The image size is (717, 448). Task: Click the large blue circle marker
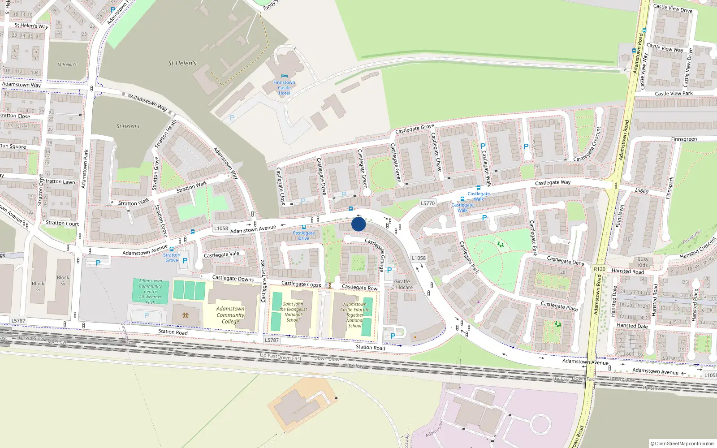pos(358,224)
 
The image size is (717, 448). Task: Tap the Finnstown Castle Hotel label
pos(284,87)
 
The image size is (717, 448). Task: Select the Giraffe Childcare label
pos(402,284)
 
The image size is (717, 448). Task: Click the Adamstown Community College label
pos(230,315)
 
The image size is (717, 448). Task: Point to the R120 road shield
pos(599,269)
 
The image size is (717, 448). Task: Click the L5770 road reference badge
pos(428,203)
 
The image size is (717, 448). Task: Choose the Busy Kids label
pos(643,262)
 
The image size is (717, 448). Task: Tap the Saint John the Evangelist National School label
pos(293,312)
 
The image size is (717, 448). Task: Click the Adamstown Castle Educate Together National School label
pos(354,315)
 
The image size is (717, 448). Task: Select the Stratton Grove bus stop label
pos(172,258)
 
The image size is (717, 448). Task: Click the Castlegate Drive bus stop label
pos(304,236)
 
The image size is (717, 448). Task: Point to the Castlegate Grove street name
pos(415,129)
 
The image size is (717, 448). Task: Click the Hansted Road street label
pos(627,271)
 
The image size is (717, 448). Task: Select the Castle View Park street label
pos(674,94)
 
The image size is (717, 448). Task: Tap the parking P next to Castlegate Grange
pos(389,270)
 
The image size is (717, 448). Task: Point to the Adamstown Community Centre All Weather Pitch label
pos(151,292)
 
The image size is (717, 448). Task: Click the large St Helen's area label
pos(182,63)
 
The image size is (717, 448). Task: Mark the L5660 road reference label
pos(641,191)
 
